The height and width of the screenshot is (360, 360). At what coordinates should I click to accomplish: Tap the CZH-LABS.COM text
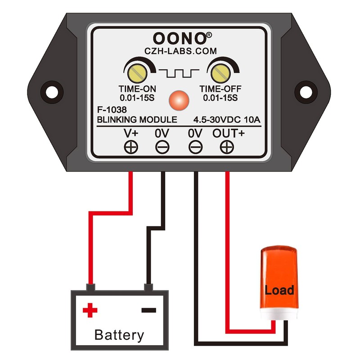click(180, 51)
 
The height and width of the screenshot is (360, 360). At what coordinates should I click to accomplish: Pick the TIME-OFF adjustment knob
click(220, 72)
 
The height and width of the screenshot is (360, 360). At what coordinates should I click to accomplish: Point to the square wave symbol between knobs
click(177, 72)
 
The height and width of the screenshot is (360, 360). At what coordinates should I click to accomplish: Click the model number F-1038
click(112, 109)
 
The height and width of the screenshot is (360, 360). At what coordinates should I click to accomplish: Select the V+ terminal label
click(131, 133)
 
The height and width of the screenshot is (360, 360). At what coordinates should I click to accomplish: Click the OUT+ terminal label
click(227, 133)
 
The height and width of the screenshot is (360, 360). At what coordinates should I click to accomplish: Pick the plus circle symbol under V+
click(131, 147)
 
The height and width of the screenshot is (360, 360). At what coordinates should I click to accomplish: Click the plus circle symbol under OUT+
click(226, 147)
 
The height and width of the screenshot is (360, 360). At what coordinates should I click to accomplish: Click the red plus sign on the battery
click(90, 310)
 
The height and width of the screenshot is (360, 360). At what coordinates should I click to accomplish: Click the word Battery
click(119, 335)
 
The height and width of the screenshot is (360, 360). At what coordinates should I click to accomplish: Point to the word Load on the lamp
click(279, 290)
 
